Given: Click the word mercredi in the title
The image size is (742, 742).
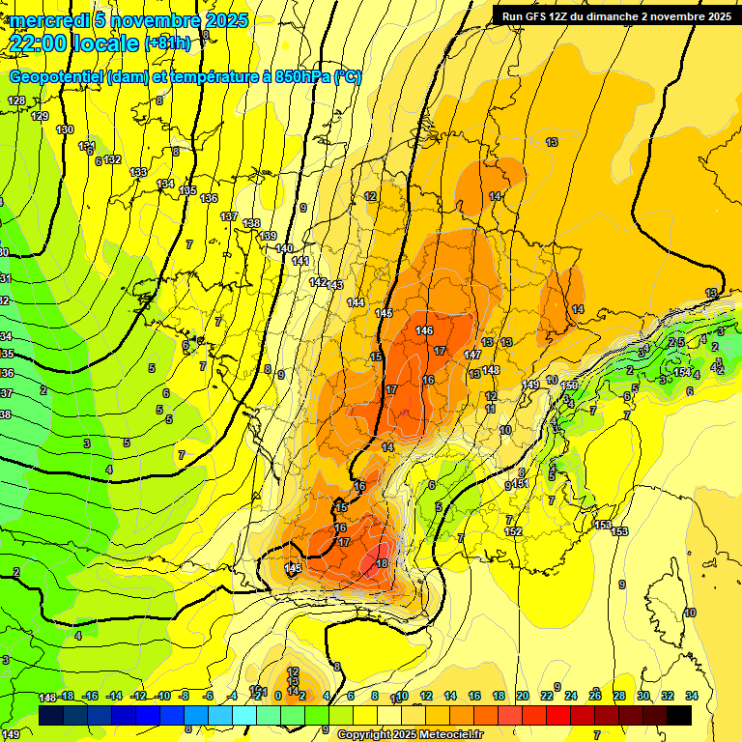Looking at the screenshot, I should [47, 20].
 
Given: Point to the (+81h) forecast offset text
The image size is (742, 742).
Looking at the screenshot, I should [167, 43].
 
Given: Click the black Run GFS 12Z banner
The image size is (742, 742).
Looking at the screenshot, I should [615, 15].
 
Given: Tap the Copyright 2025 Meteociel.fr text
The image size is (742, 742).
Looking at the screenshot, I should [409, 735].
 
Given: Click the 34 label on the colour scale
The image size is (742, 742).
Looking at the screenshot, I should [692, 696].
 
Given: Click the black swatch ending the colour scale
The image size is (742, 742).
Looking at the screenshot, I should [679, 715].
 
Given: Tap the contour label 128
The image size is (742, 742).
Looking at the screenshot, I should [16, 101].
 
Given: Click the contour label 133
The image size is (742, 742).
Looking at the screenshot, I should [138, 172].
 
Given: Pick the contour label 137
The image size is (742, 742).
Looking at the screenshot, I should [229, 216].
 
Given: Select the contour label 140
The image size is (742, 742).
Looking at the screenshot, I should [284, 248].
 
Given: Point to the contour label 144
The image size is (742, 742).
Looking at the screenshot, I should [356, 302].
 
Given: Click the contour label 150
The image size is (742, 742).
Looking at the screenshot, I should [569, 386].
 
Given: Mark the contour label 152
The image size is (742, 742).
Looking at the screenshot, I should [513, 531].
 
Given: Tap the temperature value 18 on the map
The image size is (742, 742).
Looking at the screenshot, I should [382, 563].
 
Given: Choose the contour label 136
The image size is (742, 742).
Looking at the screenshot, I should [209, 198].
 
